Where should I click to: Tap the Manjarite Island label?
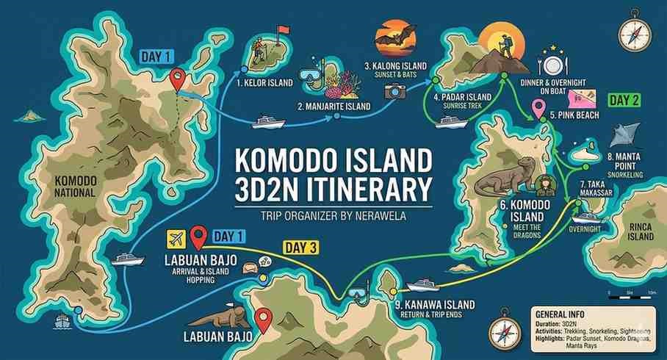pyautogui.click(x=333, y=107)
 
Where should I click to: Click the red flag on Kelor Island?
pyautogui.click(x=281, y=31)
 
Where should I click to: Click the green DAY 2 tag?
pyautogui.click(x=624, y=101)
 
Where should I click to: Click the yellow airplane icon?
pyautogui.click(x=176, y=238)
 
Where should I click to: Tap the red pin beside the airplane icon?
pyautogui.click(x=197, y=237)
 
